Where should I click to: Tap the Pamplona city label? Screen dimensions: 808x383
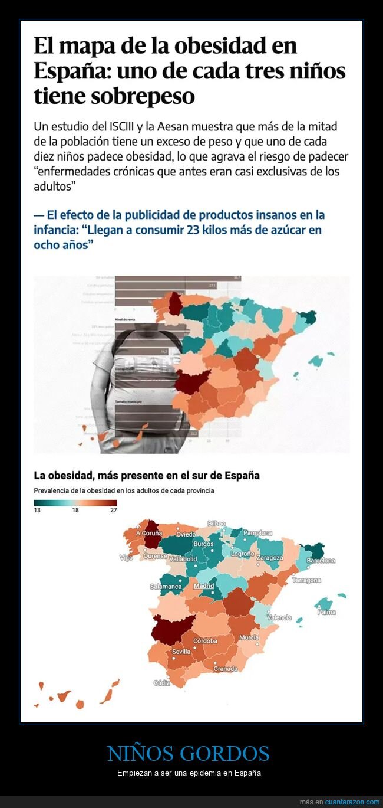click(257, 533)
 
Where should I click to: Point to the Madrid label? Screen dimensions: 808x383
click(204, 586)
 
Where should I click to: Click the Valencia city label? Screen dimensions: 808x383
click(279, 617)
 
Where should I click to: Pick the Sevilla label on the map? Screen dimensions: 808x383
click(181, 652)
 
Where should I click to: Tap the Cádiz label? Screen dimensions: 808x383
click(161, 683)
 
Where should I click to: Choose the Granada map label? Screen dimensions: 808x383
click(226, 669)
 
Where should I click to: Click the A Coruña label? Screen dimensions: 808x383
click(148, 533)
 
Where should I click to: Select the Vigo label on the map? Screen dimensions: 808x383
click(126, 558)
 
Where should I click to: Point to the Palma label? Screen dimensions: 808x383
click(326, 613)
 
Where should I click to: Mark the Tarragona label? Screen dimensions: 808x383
click(306, 580)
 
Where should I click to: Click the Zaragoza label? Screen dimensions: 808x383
click(270, 558)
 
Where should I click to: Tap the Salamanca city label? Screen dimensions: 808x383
click(165, 587)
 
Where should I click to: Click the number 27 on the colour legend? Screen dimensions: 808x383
click(113, 511)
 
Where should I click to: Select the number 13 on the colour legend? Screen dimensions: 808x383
click(37, 511)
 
